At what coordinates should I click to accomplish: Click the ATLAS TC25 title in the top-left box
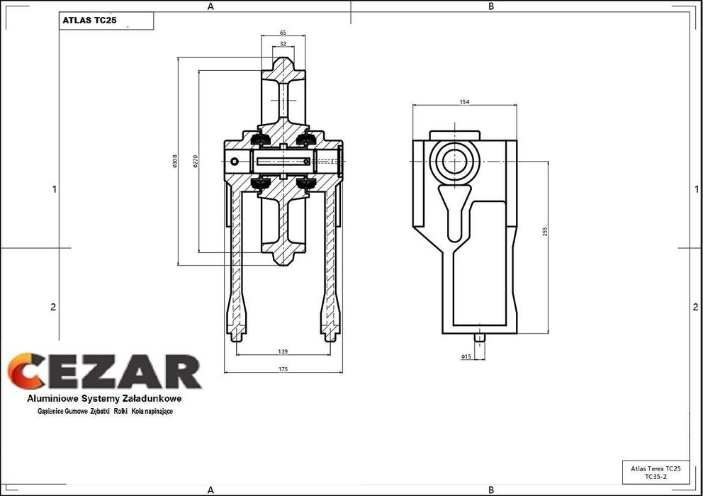[x=89, y=20]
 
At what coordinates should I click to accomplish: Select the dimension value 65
[x=283, y=33]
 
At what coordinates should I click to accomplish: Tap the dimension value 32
[x=283, y=43]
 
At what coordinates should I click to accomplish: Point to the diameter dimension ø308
[x=174, y=161]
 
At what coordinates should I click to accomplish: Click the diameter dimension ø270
[x=195, y=161]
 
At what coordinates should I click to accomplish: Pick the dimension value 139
[x=283, y=351]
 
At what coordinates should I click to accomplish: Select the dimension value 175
[x=283, y=369]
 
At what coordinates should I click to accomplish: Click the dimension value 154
[x=464, y=102]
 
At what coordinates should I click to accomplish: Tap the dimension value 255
[x=545, y=232]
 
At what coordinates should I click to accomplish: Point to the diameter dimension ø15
[x=466, y=356]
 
